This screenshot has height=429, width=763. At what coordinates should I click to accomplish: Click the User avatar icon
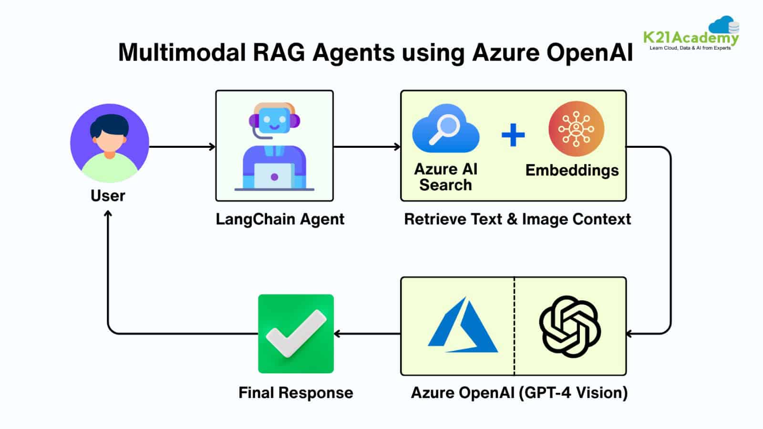click(110, 143)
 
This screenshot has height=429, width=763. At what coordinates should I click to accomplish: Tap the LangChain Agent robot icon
click(274, 145)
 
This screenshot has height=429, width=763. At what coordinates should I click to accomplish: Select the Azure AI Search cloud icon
click(445, 128)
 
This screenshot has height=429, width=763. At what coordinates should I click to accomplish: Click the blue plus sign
click(513, 134)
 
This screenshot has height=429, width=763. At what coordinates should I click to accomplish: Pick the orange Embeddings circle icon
click(576, 129)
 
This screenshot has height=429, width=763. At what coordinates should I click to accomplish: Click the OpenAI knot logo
click(570, 327)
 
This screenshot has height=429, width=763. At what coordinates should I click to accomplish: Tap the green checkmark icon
click(296, 334)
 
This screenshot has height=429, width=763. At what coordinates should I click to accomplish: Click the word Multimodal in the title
click(181, 52)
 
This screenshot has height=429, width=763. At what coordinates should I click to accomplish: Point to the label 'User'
click(108, 196)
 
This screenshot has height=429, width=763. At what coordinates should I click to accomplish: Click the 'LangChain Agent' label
click(280, 219)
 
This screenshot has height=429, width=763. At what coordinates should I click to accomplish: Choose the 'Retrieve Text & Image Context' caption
click(517, 219)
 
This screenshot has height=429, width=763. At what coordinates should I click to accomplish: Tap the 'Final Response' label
click(296, 393)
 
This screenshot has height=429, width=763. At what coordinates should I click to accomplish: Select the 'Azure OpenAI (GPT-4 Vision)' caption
click(519, 393)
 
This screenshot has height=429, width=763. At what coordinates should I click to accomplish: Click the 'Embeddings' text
click(572, 171)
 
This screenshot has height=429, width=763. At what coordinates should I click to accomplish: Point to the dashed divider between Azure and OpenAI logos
click(514, 326)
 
